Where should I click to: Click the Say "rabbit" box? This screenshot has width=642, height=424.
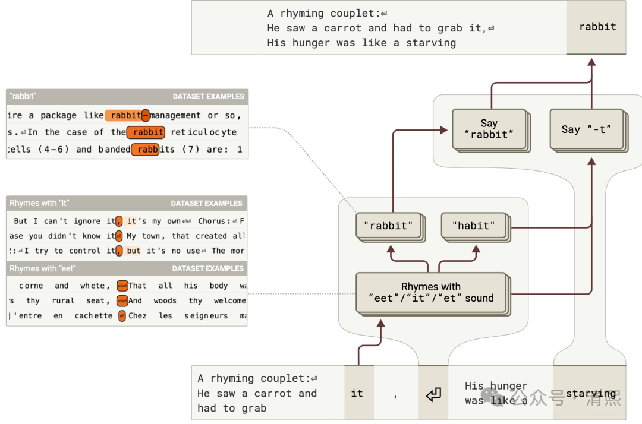point(489,129)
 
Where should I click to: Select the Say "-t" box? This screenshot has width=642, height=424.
point(586,129)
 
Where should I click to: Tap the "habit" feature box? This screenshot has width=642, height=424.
point(474,226)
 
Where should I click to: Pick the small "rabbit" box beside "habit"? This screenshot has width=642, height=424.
point(389,226)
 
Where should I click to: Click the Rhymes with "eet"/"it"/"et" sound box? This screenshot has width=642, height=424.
point(430,292)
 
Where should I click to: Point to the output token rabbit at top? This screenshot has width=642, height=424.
point(597,27)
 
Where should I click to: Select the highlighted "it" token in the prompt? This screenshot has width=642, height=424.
point(357,393)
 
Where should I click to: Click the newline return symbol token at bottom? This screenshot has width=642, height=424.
point(433,394)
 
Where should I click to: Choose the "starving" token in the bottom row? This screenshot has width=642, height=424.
point(590,393)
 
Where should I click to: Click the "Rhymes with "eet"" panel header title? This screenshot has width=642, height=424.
point(43,268)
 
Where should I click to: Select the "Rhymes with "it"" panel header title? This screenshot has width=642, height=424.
point(39,203)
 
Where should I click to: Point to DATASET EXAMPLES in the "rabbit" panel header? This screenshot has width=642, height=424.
point(208,96)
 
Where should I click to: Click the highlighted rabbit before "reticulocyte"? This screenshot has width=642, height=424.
point(148,132)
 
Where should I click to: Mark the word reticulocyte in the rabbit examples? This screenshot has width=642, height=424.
point(204,132)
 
